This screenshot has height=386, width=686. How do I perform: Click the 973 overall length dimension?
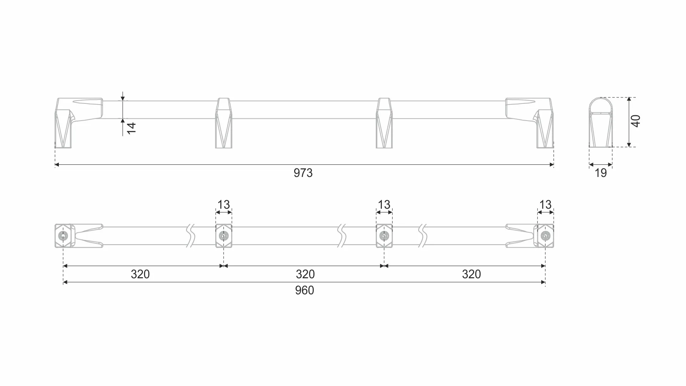[x=303, y=173]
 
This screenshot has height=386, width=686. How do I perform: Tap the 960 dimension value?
[x=304, y=290]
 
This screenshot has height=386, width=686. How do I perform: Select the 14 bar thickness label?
[x=132, y=128]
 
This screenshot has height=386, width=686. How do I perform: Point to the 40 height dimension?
[x=636, y=121]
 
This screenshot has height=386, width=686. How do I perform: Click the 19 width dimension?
[x=601, y=173]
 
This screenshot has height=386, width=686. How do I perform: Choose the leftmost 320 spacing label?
[x=140, y=274]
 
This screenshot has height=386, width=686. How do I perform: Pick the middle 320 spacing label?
[x=305, y=274]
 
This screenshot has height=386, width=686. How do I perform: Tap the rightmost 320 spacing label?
[x=471, y=274]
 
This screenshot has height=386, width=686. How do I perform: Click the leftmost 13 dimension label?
[x=224, y=205]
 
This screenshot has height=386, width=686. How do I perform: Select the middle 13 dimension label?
[x=384, y=205]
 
